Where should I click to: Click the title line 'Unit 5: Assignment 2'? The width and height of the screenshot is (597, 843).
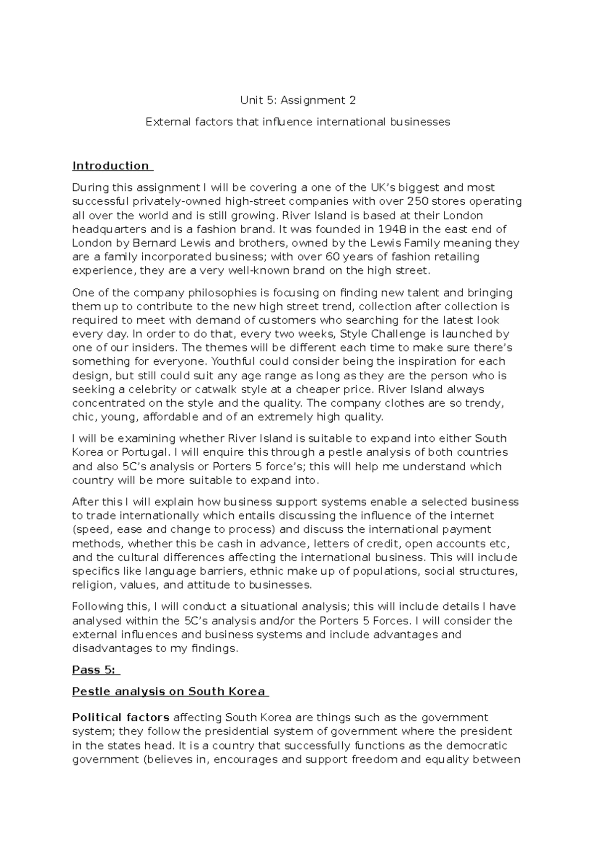tap(298, 100)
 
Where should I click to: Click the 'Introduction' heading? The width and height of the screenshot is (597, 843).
tap(110, 166)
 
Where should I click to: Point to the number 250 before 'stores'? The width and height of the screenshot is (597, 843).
tap(416, 201)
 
